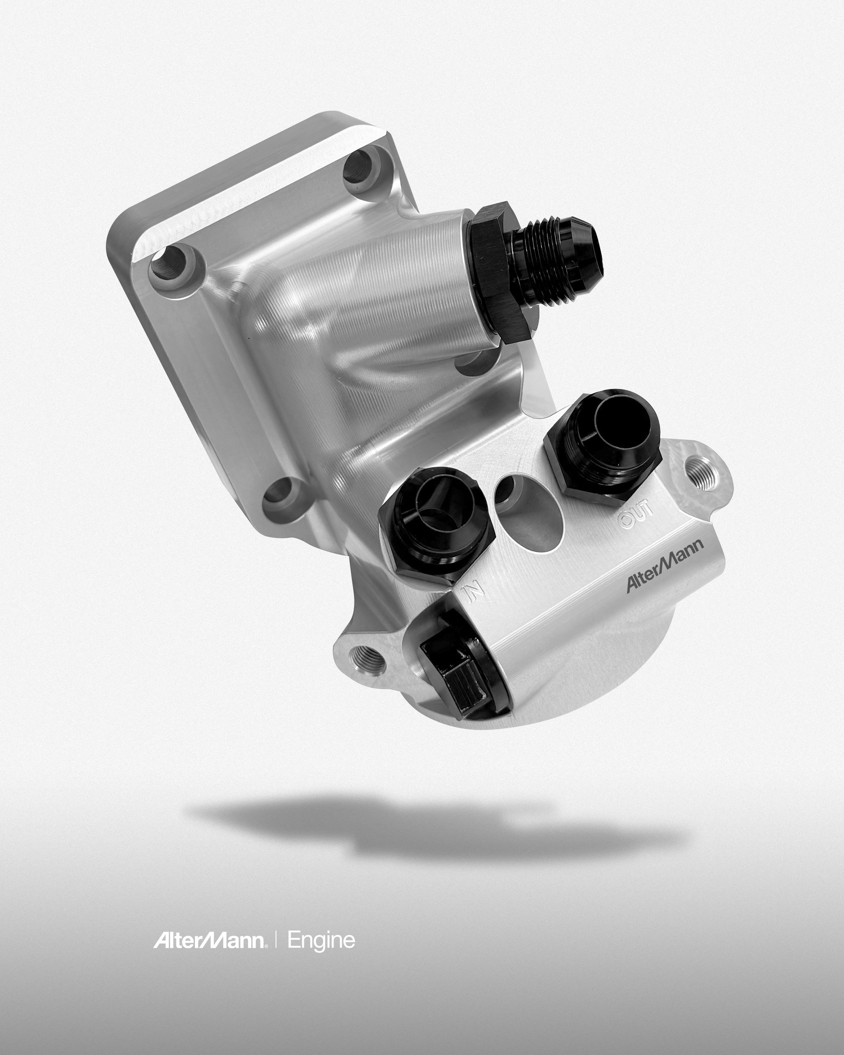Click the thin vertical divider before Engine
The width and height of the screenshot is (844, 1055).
[276, 941]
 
